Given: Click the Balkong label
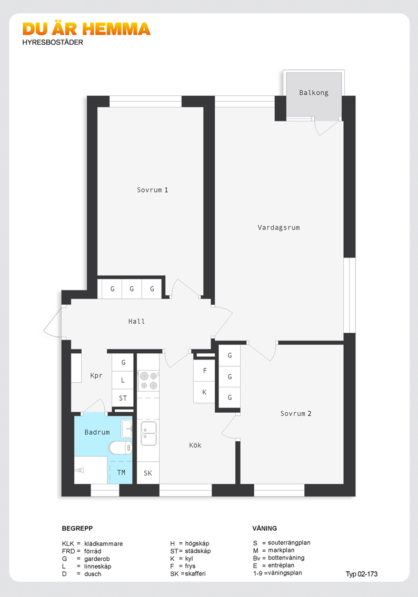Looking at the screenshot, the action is [x=313, y=93].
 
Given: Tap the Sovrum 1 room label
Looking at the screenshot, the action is [x=152, y=190].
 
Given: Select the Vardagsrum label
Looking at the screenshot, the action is [x=278, y=227].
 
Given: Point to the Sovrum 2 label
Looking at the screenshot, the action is [x=296, y=413].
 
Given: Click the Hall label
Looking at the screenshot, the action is [x=136, y=321].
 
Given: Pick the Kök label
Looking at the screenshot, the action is [x=195, y=445].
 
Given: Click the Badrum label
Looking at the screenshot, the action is [x=97, y=432].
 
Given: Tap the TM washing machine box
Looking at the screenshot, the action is [x=121, y=473].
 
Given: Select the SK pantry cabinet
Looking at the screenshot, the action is [x=148, y=473].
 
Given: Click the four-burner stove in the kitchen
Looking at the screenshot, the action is [x=148, y=381].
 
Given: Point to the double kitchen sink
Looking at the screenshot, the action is [x=148, y=433].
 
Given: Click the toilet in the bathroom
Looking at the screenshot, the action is [x=121, y=447].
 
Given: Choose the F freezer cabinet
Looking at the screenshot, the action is [x=204, y=371].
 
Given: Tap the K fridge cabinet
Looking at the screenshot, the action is [x=204, y=392].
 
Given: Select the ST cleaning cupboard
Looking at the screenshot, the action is [x=123, y=398].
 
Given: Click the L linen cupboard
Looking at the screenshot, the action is [x=123, y=380].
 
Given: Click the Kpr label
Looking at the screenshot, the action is [x=96, y=376].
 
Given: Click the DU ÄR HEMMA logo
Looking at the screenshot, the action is [x=86, y=29].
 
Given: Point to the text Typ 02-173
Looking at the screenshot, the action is [x=362, y=574].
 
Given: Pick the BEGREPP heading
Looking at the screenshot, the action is [x=77, y=528].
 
